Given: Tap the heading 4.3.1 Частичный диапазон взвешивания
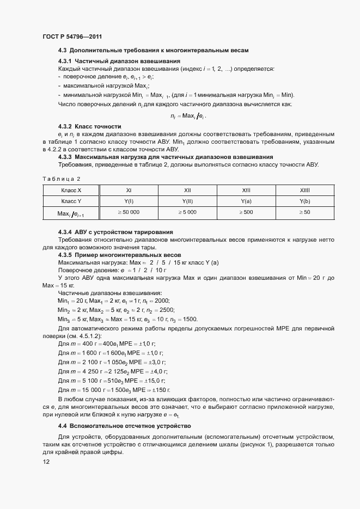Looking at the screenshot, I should [119, 61].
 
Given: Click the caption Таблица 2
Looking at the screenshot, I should [61, 179].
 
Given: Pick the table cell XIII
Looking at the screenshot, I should [246, 191].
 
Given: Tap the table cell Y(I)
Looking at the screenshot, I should [129, 201].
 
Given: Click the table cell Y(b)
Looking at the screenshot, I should [304, 201].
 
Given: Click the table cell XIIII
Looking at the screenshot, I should [304, 191].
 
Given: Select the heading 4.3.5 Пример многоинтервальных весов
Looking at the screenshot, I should [119, 255].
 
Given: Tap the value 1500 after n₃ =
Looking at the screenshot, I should [190, 320].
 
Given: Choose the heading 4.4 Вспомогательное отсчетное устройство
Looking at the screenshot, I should [124, 425].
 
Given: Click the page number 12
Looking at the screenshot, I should [46, 462].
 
